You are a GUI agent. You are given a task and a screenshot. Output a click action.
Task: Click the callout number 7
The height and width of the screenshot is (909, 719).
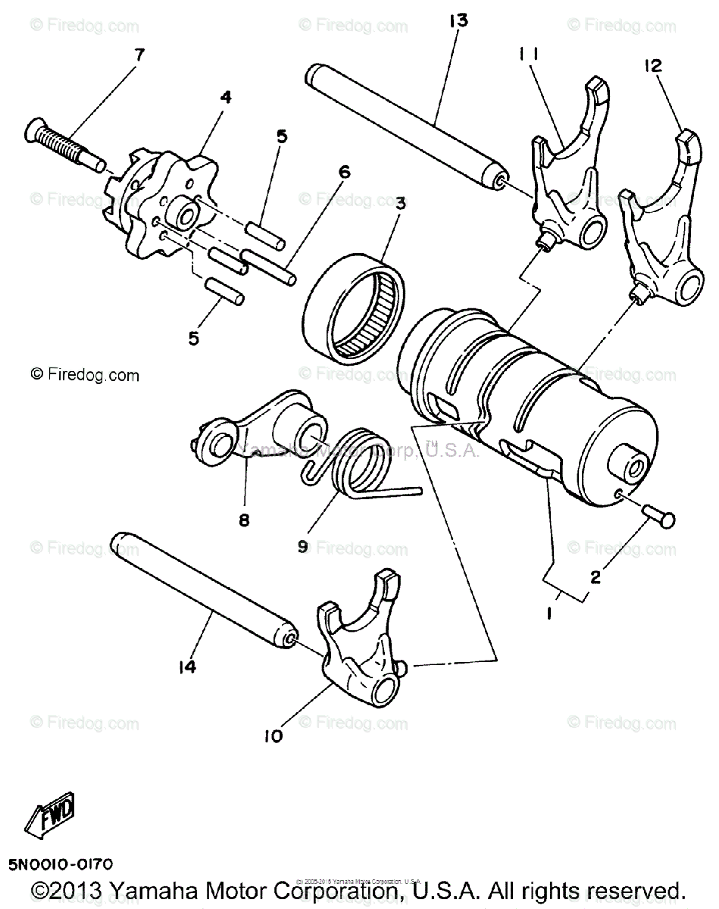138,55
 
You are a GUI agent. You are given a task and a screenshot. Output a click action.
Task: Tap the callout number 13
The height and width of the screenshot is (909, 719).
458,20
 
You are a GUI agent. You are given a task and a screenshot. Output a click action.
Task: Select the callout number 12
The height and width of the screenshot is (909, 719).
652,66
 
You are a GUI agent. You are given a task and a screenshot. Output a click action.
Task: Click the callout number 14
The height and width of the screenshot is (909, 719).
187,667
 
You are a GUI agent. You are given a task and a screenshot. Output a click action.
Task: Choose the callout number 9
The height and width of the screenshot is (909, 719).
303,545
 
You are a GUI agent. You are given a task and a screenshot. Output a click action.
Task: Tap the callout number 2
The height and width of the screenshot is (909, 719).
596,577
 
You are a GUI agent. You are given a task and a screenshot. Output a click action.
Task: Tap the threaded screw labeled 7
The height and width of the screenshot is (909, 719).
64,143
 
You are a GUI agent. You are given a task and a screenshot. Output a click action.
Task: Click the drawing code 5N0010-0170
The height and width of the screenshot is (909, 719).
61,864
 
